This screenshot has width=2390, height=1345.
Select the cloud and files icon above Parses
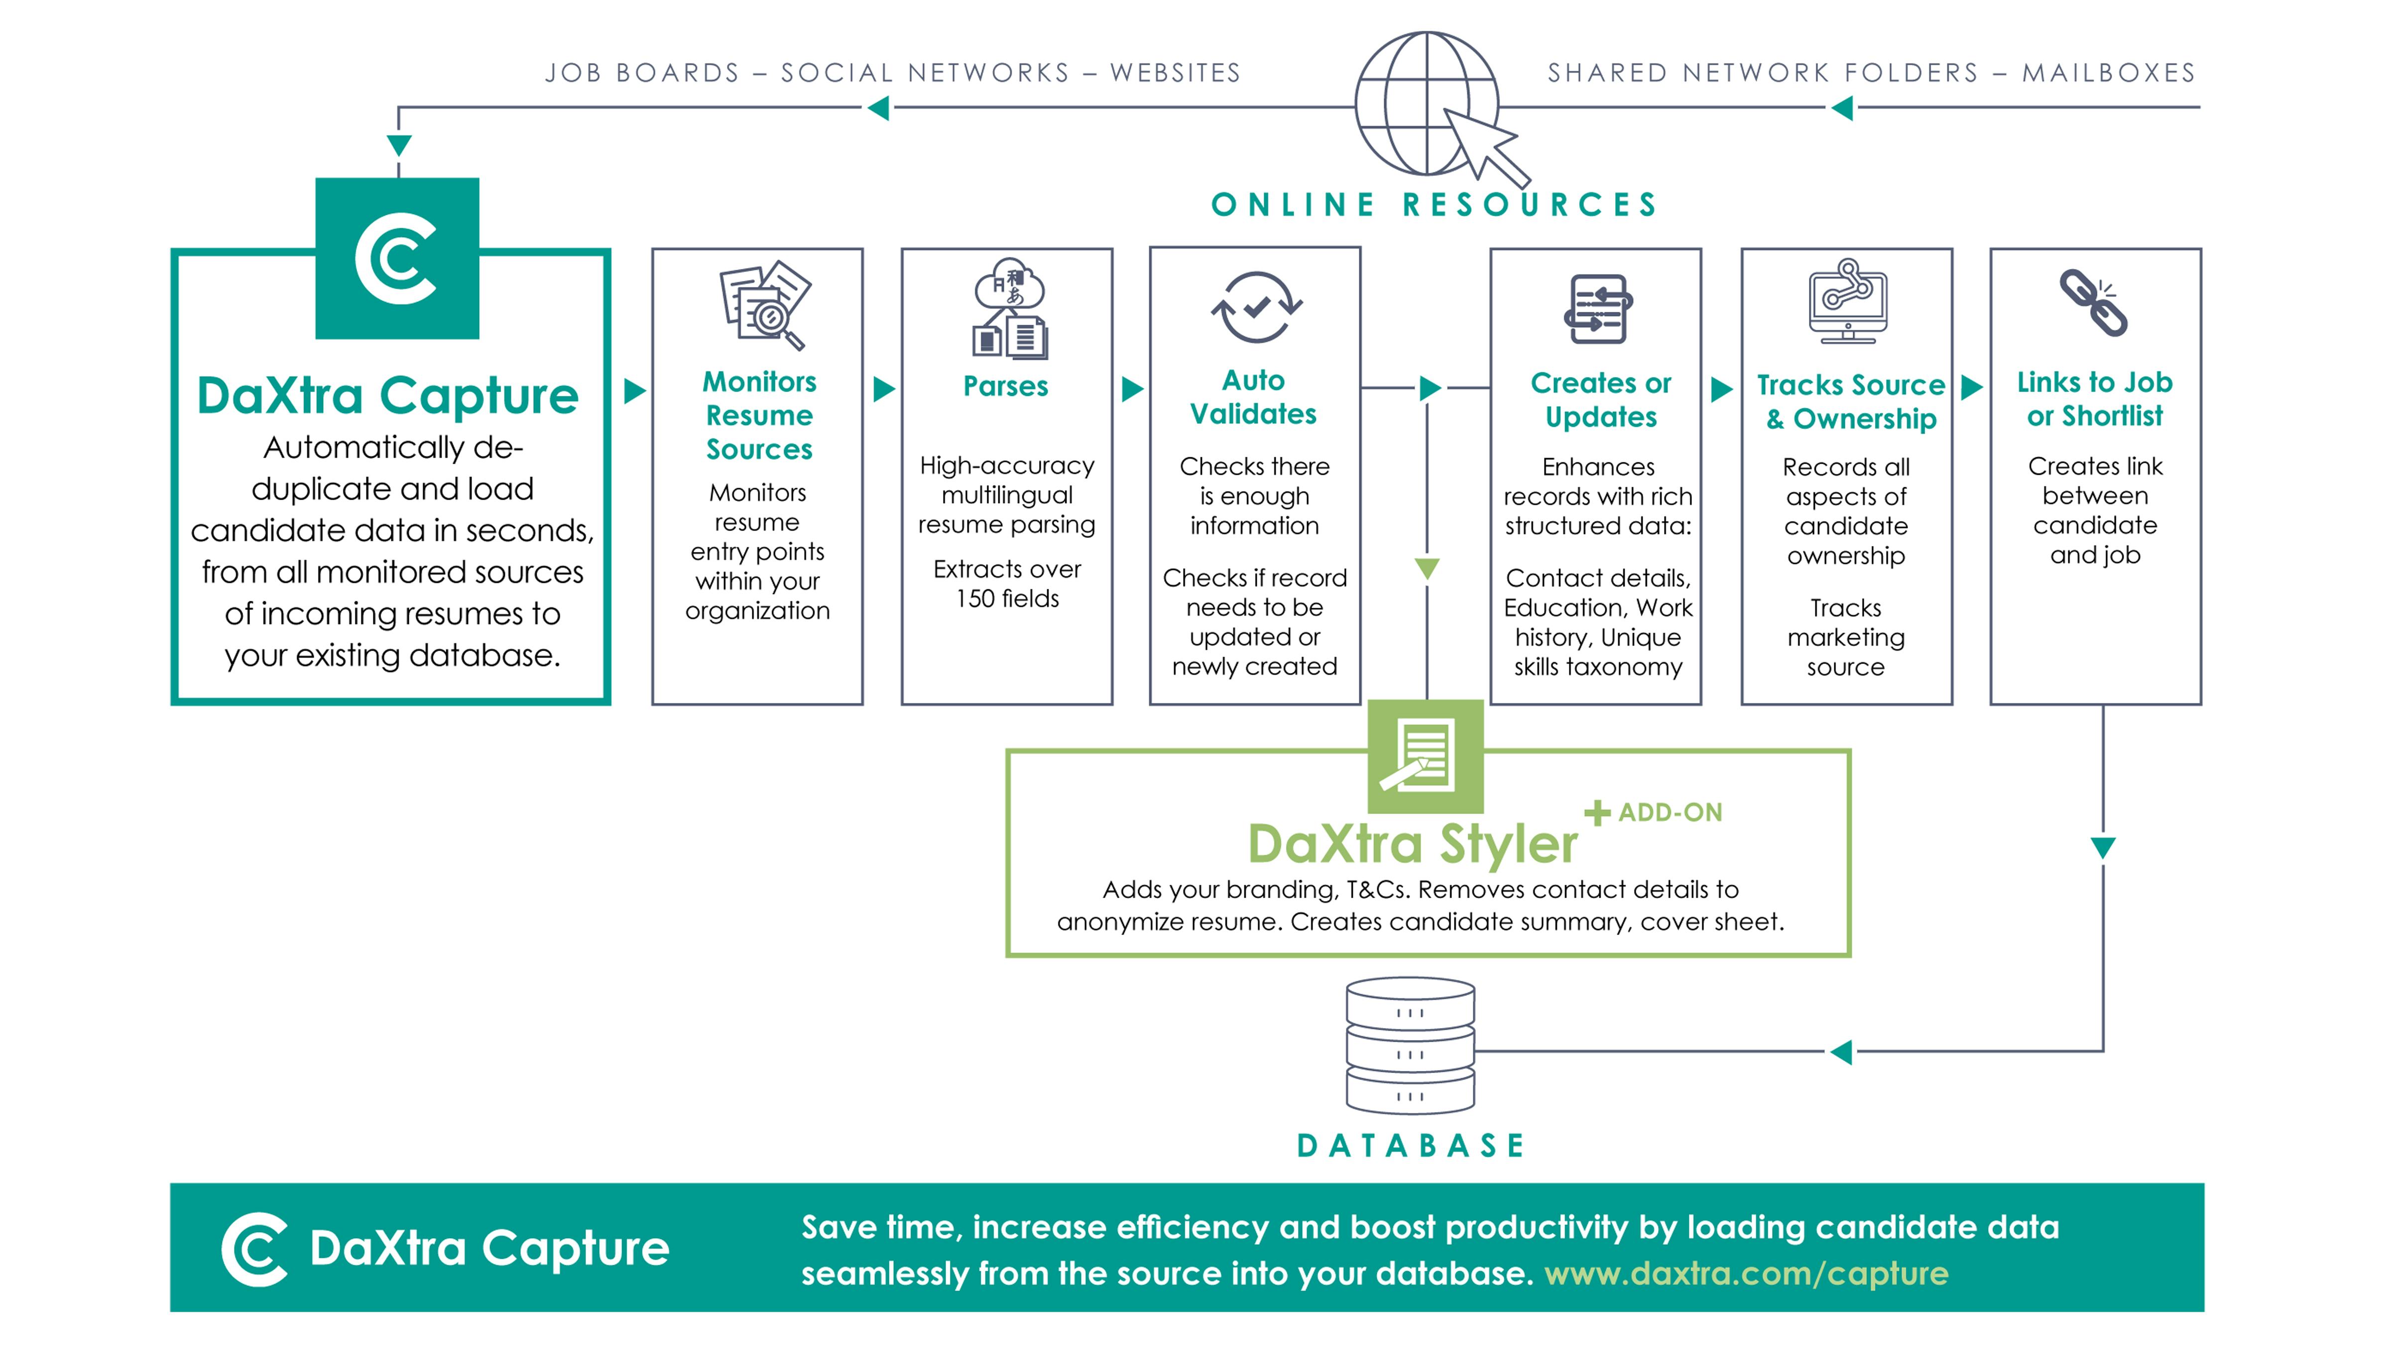1009,309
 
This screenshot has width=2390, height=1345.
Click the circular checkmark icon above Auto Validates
1256,307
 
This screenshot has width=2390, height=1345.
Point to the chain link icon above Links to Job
2094,302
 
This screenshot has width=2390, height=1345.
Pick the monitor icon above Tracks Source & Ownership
1847,302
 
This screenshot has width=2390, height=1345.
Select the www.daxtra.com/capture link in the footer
1746,1274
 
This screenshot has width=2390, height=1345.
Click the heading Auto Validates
1253,398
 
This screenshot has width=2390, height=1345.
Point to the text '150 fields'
1008,599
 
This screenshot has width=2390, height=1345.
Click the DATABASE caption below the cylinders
1410,1146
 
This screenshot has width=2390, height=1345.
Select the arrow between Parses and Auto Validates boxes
1132,389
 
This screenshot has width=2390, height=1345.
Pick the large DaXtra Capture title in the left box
388,397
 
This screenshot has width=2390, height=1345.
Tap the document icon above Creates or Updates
1598,309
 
